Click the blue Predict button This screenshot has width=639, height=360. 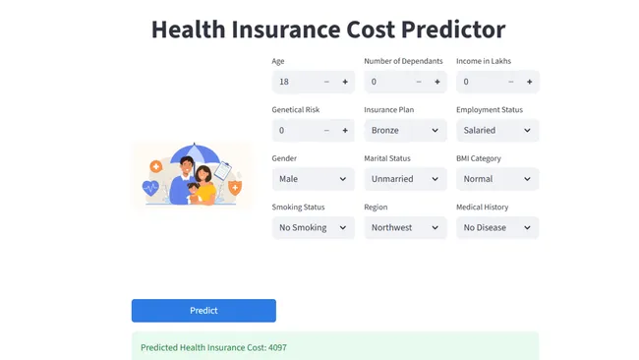tap(203, 311)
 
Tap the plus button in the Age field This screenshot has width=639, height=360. tap(345, 82)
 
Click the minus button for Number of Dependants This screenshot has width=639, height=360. tap(419, 82)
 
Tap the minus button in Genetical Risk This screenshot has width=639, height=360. tap(326, 130)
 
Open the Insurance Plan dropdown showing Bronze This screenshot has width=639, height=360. tap(405, 130)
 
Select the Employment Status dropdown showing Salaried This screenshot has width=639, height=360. tap(497, 130)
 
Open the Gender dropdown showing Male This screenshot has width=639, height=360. tap(313, 179)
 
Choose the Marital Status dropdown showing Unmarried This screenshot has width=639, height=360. tap(405, 179)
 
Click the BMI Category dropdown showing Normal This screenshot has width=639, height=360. tap(497, 179)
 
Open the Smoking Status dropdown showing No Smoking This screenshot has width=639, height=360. tap(313, 227)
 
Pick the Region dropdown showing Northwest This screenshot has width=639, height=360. tap(405, 227)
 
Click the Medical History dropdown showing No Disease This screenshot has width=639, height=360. tap(497, 227)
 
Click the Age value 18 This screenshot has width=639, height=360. tap(284, 82)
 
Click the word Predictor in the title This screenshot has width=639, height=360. tap(451, 30)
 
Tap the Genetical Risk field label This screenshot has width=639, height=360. tap(296, 110)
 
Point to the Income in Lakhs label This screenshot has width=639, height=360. tap(484, 61)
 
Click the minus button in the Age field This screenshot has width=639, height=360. tap(326, 82)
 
